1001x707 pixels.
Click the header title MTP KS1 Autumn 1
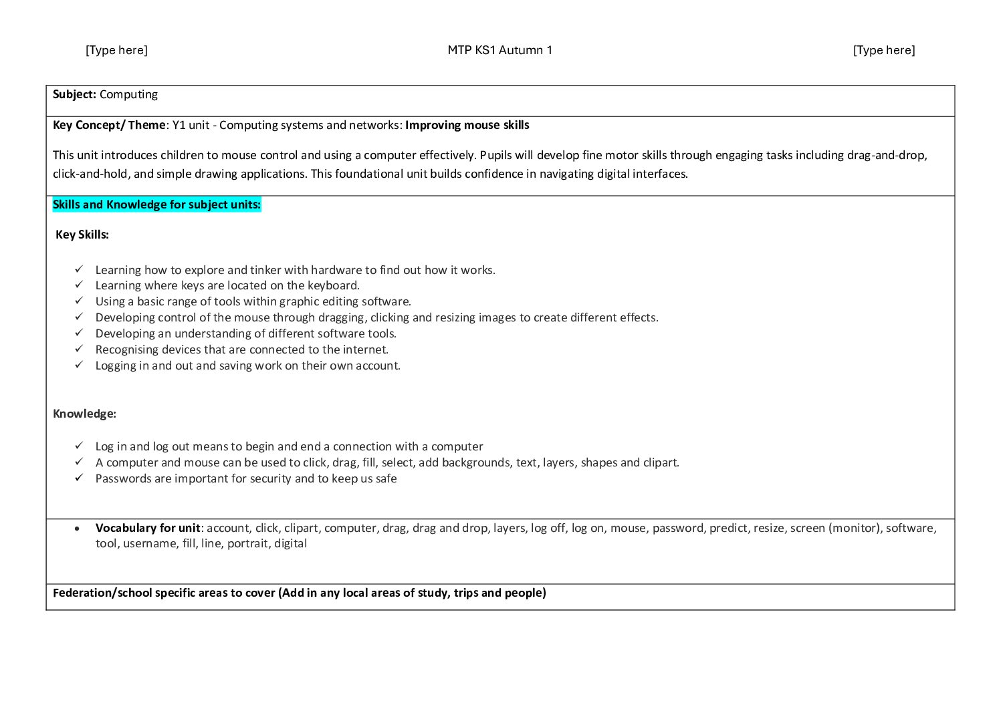(499, 50)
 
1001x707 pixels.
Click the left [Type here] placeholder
(116, 50)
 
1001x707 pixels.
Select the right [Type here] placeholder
(883, 50)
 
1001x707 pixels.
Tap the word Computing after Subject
(128, 94)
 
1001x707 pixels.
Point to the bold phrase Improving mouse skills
(467, 125)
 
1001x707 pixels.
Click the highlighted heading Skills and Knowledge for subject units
(156, 204)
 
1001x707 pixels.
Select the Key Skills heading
(82, 235)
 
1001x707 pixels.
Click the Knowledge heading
(84, 414)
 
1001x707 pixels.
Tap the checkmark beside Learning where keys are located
(79, 285)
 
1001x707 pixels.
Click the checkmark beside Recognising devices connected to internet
(79, 349)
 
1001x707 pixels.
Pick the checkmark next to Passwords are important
(79, 478)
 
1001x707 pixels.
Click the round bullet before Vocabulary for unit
(79, 528)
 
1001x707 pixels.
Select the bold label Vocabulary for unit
(148, 528)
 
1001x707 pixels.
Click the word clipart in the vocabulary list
(301, 528)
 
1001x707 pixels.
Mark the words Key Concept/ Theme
(109, 125)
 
